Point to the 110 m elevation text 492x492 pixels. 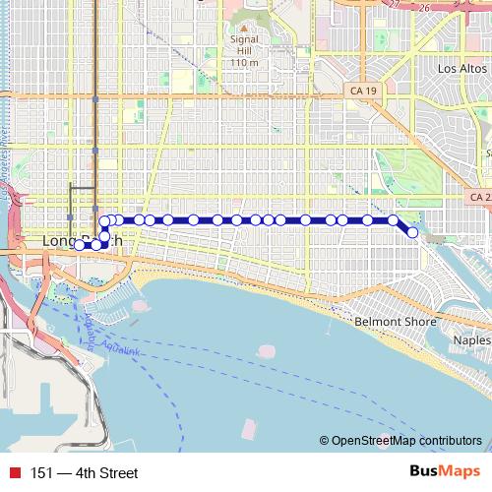[x=243, y=63]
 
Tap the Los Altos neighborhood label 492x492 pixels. [x=461, y=69]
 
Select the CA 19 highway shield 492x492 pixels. [x=362, y=91]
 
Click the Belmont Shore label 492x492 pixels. [x=387, y=322]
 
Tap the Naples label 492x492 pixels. [x=470, y=339]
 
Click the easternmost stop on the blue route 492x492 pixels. [x=412, y=233]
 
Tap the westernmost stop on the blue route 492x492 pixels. [x=80, y=245]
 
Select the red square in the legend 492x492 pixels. [x=15, y=473]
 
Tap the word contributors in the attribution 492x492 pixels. [x=451, y=441]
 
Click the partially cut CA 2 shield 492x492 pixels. [x=480, y=198]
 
